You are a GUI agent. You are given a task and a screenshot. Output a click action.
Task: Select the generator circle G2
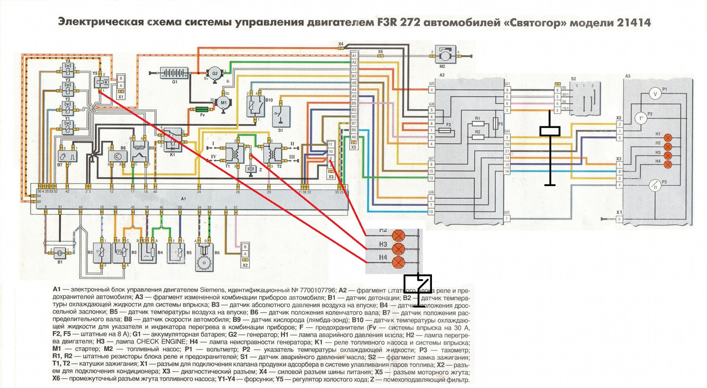pyautogui.click(x=213, y=73)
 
